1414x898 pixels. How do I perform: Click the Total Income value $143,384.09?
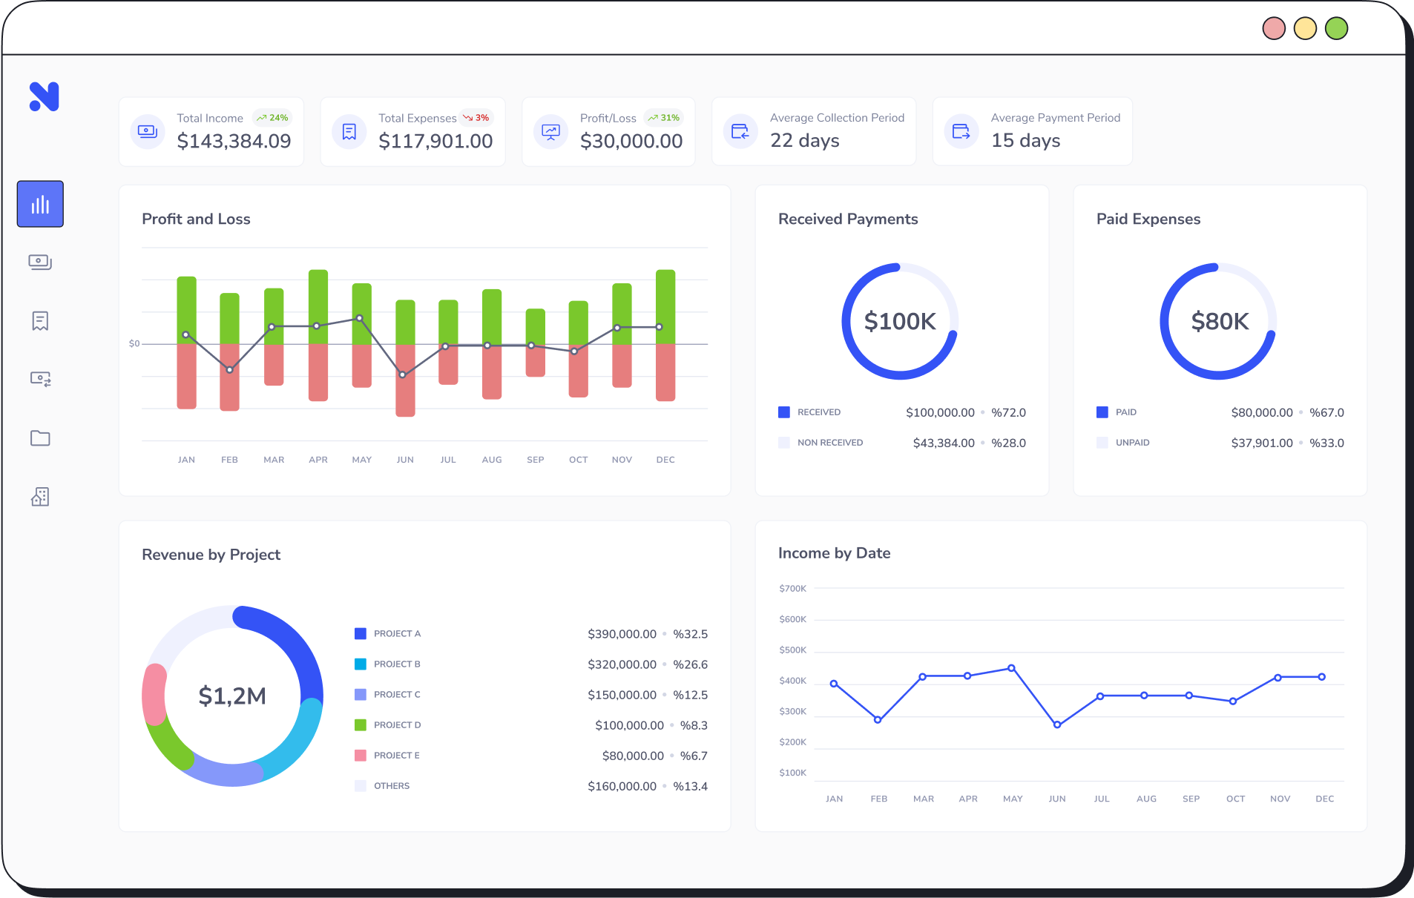(x=234, y=141)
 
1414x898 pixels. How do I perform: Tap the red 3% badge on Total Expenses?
(x=476, y=118)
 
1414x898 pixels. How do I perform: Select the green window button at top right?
(x=1336, y=29)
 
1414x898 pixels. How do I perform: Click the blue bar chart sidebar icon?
(x=40, y=204)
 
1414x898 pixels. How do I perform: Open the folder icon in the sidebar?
(x=40, y=438)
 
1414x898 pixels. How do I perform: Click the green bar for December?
(x=665, y=306)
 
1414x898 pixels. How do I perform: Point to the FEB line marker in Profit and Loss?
(x=230, y=369)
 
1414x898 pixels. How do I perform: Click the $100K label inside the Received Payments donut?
(x=900, y=322)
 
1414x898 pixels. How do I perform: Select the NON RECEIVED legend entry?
(x=829, y=443)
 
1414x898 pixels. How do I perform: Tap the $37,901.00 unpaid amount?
(x=1261, y=443)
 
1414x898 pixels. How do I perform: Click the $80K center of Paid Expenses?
(x=1219, y=322)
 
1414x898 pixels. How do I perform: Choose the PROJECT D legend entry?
(x=397, y=725)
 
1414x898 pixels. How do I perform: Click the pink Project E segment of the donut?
(x=154, y=693)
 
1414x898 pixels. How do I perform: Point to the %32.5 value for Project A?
(x=690, y=634)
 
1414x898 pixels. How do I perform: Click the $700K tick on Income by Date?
(x=792, y=589)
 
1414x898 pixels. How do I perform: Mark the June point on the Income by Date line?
(x=1057, y=724)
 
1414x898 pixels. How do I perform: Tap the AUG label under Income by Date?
(x=1146, y=799)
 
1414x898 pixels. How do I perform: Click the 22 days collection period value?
(x=804, y=141)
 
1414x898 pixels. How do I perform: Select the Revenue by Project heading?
(x=211, y=555)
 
